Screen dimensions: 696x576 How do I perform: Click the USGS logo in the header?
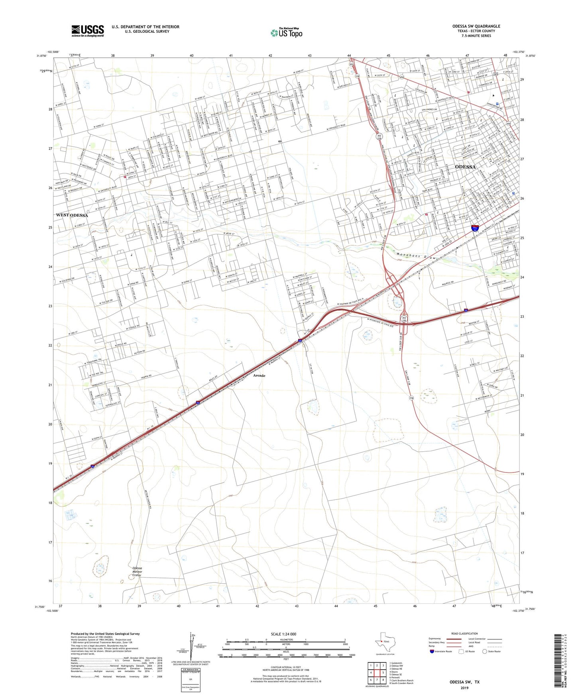point(87,31)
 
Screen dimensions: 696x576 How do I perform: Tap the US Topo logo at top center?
point(286,33)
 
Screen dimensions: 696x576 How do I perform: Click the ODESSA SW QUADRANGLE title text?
point(476,26)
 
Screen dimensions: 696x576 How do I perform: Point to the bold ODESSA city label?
point(465,167)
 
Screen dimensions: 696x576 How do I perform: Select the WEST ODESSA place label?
point(72,215)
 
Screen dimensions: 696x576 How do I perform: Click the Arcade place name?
point(259,376)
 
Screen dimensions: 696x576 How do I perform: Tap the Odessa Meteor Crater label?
point(137,572)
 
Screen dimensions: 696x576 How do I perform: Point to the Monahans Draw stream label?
point(417,256)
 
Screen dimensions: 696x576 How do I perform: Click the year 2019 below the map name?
point(464,688)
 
